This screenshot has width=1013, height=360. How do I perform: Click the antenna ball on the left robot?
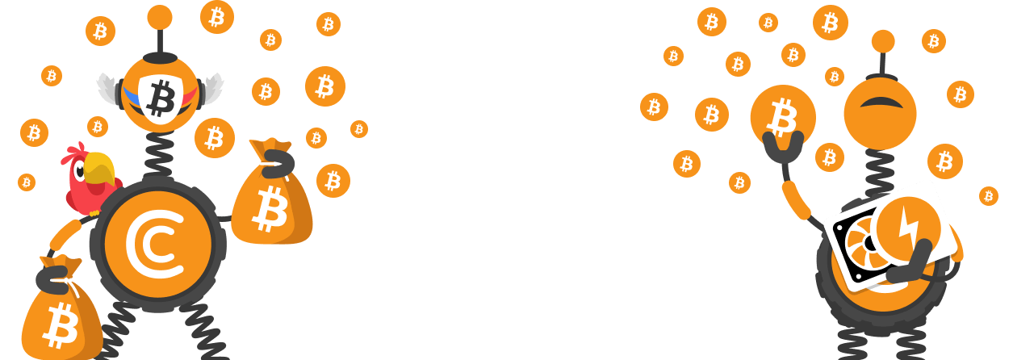pos(160,17)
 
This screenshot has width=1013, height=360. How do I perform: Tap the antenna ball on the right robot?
pos(883,41)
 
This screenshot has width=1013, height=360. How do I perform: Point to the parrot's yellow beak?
pos(100,169)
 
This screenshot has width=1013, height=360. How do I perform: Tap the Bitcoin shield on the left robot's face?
pos(162,97)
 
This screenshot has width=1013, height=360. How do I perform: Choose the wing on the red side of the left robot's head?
pos(212,87)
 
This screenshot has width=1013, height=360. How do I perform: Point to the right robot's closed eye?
pos(881,103)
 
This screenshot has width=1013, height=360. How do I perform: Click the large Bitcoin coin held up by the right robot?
pos(782,117)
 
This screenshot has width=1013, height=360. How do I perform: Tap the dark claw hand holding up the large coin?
pos(781,150)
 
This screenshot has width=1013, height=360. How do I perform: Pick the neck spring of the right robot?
pos(880,170)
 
